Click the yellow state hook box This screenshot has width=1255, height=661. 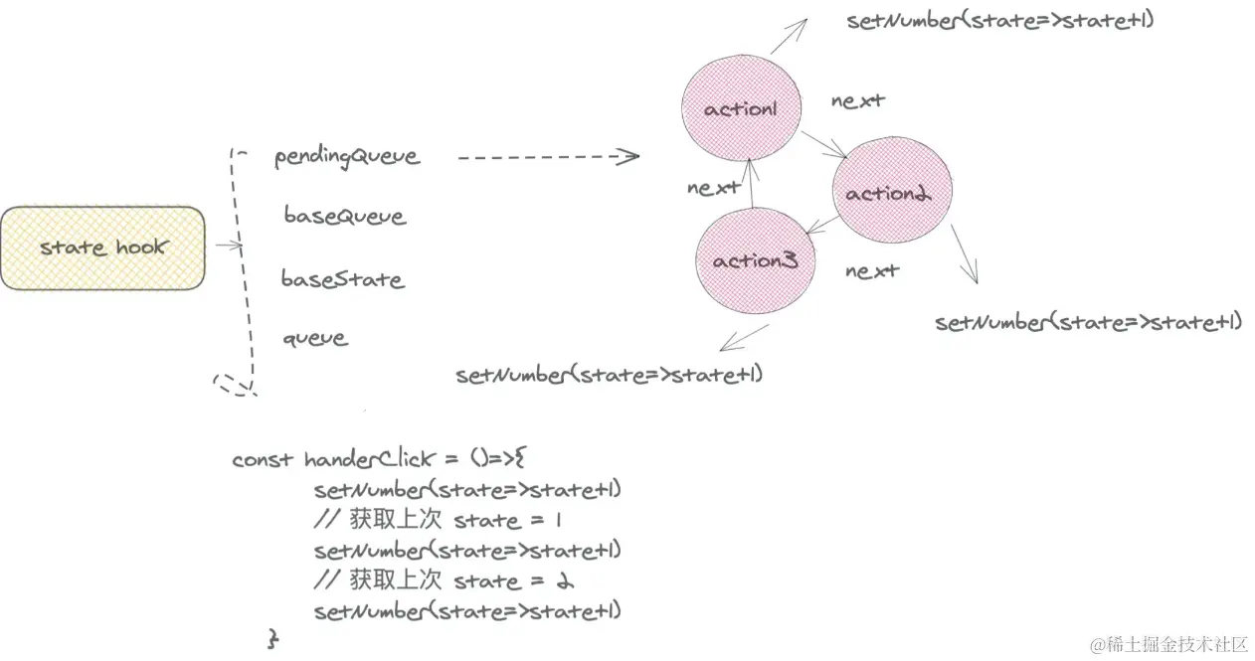[102, 248]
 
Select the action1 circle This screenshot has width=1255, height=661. [741, 108]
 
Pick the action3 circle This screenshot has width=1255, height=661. [755, 261]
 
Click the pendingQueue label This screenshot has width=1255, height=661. [347, 157]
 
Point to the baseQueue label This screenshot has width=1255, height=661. [344, 216]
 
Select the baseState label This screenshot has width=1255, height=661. [342, 278]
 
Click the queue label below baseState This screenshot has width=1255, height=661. [315, 338]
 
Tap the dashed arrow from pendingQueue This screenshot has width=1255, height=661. [547, 156]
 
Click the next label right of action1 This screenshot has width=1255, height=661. [858, 100]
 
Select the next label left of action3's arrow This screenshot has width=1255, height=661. [713, 187]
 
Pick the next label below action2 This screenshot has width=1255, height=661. [872, 270]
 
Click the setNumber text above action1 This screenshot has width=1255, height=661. [1000, 21]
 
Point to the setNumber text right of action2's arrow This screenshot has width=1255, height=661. [1089, 322]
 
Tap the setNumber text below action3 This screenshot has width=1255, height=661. [610, 375]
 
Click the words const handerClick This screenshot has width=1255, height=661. [333, 459]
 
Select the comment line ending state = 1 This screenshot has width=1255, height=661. [443, 520]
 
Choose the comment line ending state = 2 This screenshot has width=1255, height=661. [445, 580]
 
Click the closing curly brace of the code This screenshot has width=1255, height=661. [272, 637]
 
